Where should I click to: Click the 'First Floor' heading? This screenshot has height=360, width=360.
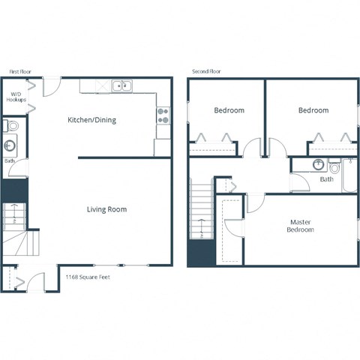20,71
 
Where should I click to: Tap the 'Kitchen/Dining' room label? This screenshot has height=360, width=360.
92,120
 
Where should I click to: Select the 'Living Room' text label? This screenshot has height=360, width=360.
106,209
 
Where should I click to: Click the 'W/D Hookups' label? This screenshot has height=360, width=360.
16,97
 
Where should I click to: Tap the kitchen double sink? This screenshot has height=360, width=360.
121,86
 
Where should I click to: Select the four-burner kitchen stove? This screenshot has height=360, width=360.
163,115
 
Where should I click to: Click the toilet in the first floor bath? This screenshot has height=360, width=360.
7,125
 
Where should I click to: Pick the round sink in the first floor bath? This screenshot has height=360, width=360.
10,145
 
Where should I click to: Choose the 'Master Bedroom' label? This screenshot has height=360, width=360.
301,226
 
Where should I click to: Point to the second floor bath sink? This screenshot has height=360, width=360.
317,164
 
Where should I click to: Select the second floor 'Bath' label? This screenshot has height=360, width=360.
327,179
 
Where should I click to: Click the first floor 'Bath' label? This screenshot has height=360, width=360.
10,160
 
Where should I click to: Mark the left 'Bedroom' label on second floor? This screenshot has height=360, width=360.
229,110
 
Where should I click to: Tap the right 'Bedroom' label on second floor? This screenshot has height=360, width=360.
313,110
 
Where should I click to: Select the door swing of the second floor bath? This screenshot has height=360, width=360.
299,182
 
